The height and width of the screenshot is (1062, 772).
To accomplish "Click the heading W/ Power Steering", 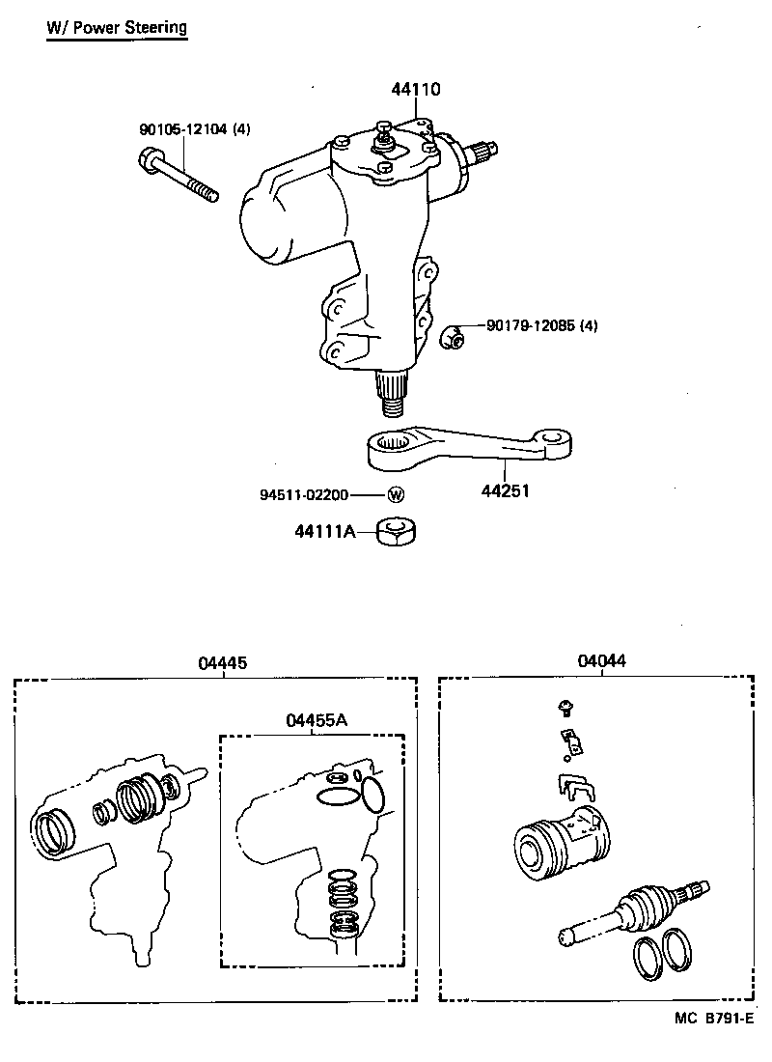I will [x=116, y=27].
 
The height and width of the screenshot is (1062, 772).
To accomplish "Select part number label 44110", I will [x=416, y=90].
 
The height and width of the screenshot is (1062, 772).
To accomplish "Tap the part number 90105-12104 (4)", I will [x=192, y=129].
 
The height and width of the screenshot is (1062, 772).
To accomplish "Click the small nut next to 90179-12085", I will [x=451, y=337].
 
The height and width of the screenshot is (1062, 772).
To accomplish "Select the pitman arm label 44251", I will [x=507, y=490].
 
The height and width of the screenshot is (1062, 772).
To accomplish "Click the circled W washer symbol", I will [x=395, y=495].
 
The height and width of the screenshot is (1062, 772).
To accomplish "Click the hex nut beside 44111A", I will [x=395, y=531].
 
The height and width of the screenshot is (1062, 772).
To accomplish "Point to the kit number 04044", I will [x=602, y=661].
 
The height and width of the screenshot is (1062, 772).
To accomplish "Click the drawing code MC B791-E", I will [x=706, y=1019].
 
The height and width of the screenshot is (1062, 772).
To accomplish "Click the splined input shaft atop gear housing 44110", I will [x=482, y=152].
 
